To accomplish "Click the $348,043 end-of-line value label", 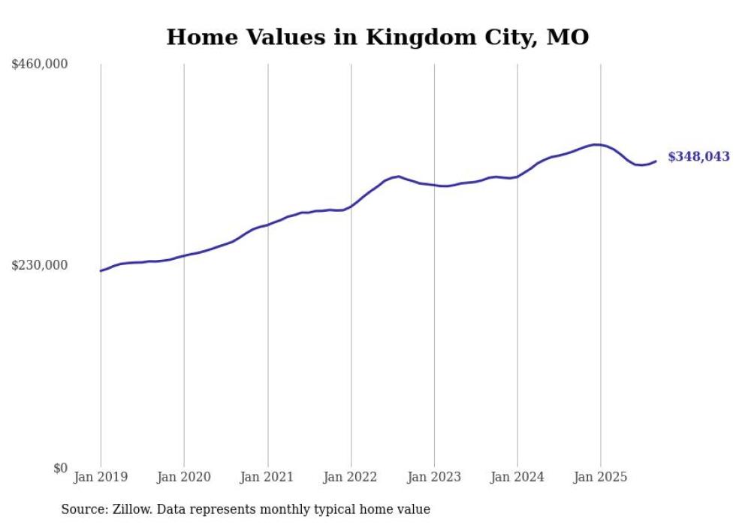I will (698, 157).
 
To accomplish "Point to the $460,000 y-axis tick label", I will (40, 65).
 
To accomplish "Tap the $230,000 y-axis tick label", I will (40, 265).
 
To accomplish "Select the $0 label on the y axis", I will (60, 468).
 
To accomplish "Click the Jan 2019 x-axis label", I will (101, 477).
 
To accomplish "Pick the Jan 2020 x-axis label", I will (184, 477).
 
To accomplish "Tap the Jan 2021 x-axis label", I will (267, 477).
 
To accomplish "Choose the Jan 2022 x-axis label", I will (351, 477).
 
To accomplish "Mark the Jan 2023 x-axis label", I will (434, 477).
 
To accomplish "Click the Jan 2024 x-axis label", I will (517, 477).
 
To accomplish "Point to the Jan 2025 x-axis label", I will (601, 477).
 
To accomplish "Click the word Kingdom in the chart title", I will (412, 38).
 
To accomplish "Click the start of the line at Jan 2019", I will (101, 270).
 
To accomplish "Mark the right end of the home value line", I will (656, 161).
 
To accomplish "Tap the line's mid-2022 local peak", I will (398, 177).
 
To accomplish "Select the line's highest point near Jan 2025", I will (596, 144).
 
